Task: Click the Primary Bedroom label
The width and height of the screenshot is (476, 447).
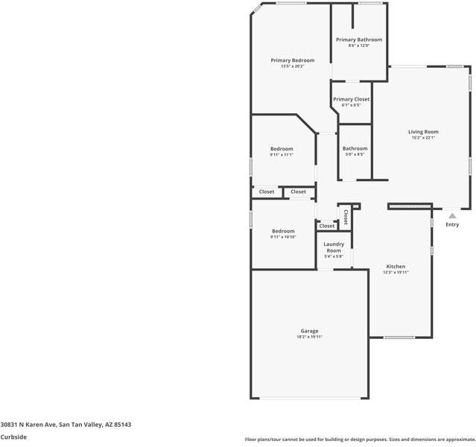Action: coord(292,60)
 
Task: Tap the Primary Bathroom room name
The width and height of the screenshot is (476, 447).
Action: coord(358,39)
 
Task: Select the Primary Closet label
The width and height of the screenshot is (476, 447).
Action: coord(351,99)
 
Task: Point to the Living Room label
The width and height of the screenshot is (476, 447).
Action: coord(423,132)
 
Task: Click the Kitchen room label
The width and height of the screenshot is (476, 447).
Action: coord(396,266)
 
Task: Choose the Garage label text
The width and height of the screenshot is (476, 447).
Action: coord(309,331)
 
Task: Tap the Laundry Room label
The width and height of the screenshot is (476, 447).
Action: coord(334,247)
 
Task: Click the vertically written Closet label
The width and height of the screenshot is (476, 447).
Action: coord(346,217)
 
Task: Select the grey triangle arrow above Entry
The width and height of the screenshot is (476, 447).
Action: coord(451,215)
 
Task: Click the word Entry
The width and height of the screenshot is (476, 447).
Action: coord(452,224)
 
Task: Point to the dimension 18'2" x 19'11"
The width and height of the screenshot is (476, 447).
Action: coord(309,337)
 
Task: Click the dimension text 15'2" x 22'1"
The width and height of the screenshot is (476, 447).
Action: coord(423,138)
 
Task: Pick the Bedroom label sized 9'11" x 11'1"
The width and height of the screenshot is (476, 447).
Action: coord(282,149)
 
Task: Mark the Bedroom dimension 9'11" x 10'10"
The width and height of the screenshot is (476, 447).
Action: coord(283,237)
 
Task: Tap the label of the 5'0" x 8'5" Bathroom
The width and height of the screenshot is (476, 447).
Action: coord(355,148)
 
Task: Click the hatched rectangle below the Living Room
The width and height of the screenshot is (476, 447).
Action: coord(410,205)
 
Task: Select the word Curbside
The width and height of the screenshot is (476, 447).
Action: coord(13,437)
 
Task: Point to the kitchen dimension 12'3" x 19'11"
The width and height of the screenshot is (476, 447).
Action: coord(396,272)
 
